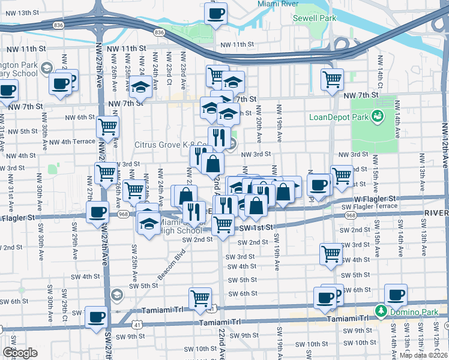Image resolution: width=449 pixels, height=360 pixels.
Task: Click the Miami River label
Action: pos(278,4)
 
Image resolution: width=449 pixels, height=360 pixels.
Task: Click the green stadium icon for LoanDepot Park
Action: pos(378,115)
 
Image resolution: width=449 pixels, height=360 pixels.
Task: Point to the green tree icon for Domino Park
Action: pos(380,311)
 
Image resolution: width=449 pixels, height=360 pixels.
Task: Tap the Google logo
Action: pos(19,353)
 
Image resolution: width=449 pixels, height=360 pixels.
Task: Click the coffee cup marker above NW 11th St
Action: pos(215,13)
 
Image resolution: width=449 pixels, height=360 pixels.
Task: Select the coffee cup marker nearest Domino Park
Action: pos(396,295)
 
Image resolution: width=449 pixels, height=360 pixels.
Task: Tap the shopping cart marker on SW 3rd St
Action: pos(331,254)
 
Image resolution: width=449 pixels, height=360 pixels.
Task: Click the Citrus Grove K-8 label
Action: pos(170,145)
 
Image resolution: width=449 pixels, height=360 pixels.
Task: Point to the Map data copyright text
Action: pos(424,355)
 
